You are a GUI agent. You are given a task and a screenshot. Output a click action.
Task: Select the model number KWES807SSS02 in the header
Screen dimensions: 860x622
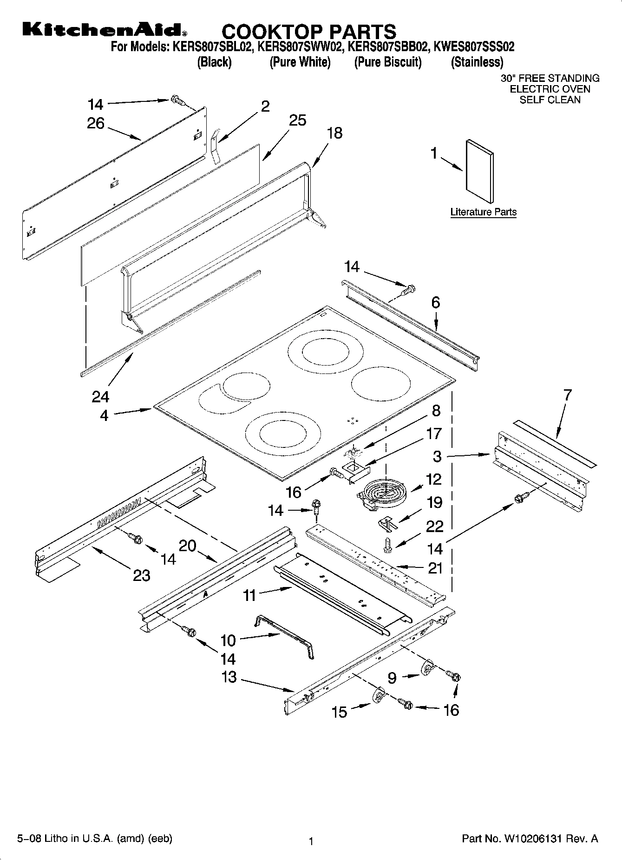click(473, 47)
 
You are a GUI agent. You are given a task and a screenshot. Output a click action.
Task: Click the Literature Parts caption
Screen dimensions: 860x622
click(483, 212)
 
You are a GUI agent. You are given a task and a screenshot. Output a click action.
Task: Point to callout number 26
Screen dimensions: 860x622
click(96, 123)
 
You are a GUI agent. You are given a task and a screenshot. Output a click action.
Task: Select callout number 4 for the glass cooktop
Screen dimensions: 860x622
click(104, 415)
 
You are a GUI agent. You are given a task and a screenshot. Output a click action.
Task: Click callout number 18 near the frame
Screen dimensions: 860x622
click(334, 133)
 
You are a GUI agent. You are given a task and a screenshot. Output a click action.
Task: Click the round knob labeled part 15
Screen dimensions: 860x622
click(380, 696)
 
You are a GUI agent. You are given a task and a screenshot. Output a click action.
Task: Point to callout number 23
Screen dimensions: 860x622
click(141, 575)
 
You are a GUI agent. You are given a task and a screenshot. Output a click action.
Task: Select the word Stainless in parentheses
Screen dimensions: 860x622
click(477, 62)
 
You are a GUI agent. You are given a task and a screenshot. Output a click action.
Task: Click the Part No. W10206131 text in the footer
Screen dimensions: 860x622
click(530, 839)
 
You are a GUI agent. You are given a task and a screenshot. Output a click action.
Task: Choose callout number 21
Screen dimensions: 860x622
click(435, 568)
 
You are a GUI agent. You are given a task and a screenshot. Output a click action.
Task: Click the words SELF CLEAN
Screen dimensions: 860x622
click(550, 100)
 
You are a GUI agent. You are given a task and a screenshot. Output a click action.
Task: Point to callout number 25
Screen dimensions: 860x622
click(297, 120)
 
